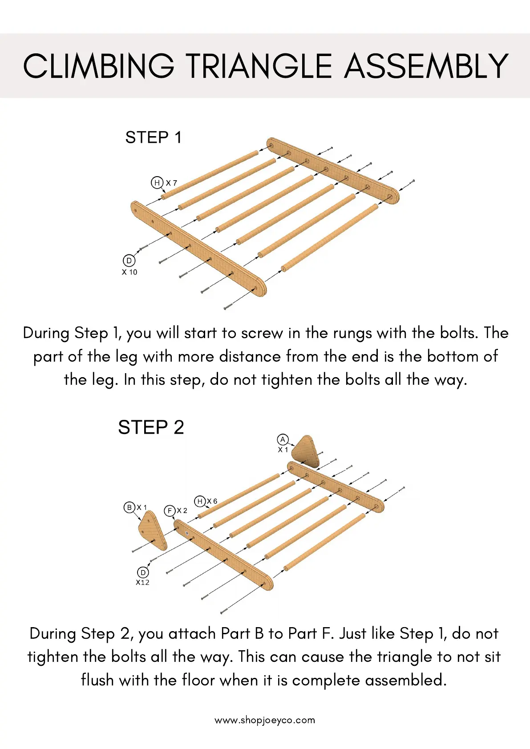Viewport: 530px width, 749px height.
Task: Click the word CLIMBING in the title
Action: click(x=99, y=66)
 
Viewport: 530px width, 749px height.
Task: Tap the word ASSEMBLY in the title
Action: click(x=426, y=66)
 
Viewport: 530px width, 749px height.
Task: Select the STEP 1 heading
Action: click(x=153, y=137)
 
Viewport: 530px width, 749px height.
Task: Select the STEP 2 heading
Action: click(x=151, y=427)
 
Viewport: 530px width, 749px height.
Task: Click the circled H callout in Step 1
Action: click(x=157, y=182)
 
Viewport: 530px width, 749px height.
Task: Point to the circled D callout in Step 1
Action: click(x=129, y=261)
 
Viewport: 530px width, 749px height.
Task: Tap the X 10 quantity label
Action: click(x=129, y=272)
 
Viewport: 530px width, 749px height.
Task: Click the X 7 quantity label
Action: click(x=171, y=183)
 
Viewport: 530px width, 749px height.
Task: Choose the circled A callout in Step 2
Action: click(x=283, y=439)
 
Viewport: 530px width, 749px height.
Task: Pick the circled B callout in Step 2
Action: click(x=129, y=507)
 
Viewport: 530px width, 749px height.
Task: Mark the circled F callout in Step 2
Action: click(x=170, y=511)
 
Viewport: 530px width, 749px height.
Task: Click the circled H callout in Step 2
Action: click(x=200, y=501)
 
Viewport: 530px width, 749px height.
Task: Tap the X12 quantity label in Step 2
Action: click(x=142, y=583)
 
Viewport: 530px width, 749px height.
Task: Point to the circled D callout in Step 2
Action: click(x=143, y=572)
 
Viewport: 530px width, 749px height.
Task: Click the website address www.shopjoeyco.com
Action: click(x=265, y=720)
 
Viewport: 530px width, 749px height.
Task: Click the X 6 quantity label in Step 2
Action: click(x=212, y=501)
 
